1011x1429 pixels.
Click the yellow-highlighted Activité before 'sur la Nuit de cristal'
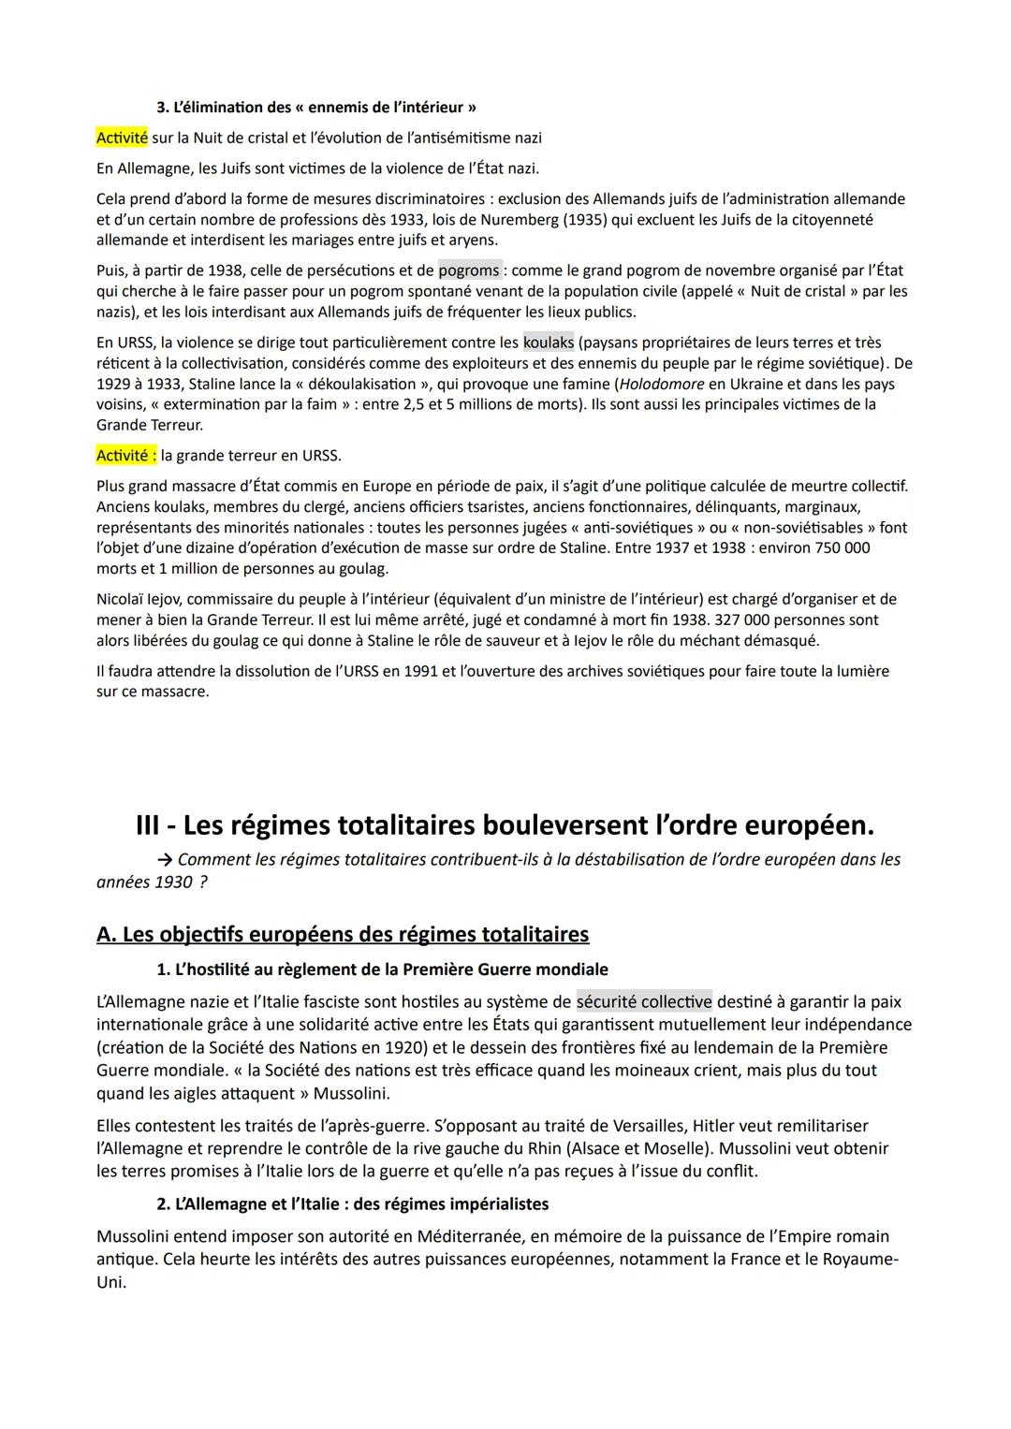122,139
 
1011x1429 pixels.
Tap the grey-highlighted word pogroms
469,270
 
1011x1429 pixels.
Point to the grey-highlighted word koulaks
549,343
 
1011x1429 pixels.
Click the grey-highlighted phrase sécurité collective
644,1002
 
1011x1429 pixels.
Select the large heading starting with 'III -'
505,825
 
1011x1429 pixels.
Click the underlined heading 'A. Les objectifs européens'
343,935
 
